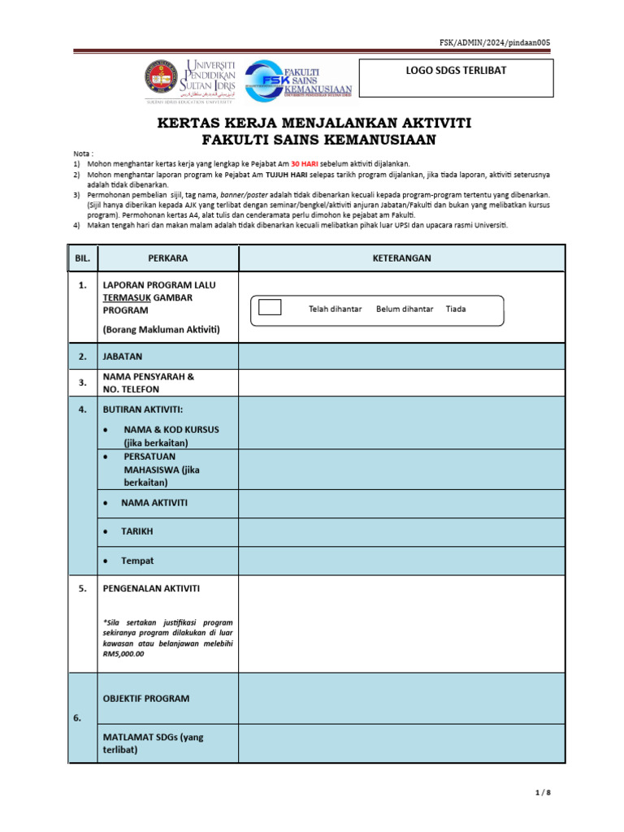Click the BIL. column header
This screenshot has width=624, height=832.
tap(83, 258)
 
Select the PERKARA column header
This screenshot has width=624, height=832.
tap(168, 258)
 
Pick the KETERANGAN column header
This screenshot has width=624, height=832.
tap(401, 258)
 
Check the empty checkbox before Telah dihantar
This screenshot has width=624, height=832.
tap(269, 307)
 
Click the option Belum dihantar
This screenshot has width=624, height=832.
tap(405, 309)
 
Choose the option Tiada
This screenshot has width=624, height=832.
tap(456, 309)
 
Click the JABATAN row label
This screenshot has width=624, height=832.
tap(122, 356)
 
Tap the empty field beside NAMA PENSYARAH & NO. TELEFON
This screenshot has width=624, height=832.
tap(401, 383)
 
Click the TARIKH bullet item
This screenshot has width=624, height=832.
tap(136, 531)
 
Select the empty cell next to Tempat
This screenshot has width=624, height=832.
tap(401, 561)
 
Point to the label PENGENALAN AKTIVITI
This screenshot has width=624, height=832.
tap(151, 588)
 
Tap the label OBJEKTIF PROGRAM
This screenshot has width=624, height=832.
tap(146, 698)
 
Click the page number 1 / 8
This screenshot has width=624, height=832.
tap(544, 793)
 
